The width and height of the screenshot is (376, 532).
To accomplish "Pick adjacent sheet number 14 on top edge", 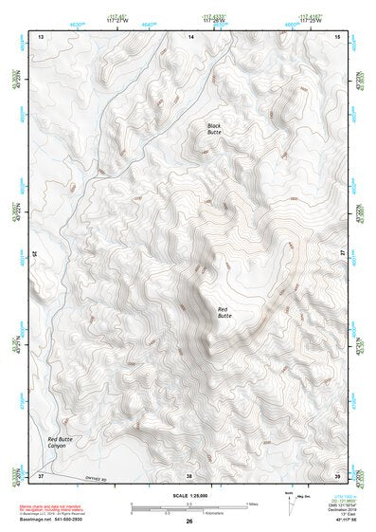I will [190, 35].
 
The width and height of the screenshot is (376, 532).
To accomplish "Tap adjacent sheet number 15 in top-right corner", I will [337, 35].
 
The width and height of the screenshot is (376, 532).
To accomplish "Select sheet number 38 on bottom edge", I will [189, 474].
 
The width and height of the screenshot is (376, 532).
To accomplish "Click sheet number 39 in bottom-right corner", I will [337, 474].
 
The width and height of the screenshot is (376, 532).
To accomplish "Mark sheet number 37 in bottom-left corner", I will [41, 474].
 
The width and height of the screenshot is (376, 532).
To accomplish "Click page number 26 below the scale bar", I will [189, 521].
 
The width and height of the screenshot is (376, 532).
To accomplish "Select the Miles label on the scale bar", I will [253, 503].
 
